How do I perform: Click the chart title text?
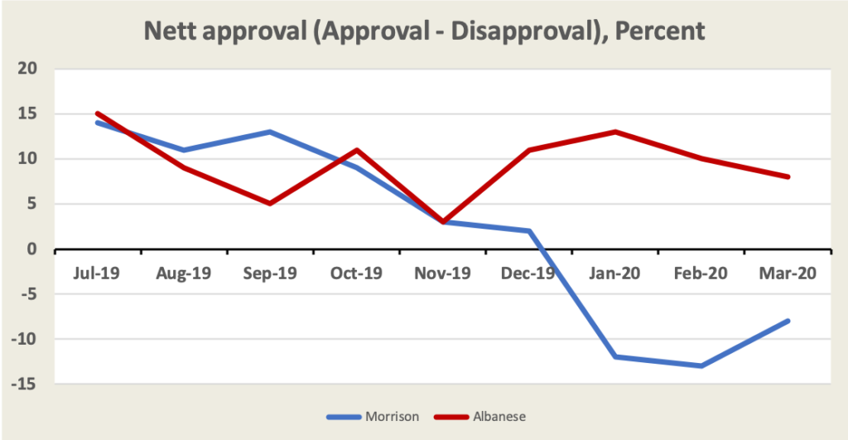[424, 31]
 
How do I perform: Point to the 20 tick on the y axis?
[31, 69]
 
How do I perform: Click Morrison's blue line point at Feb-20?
[702, 365]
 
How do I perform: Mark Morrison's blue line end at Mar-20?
[788, 321]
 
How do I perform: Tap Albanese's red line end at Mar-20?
[788, 176]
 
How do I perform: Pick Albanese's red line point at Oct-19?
[357, 150]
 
